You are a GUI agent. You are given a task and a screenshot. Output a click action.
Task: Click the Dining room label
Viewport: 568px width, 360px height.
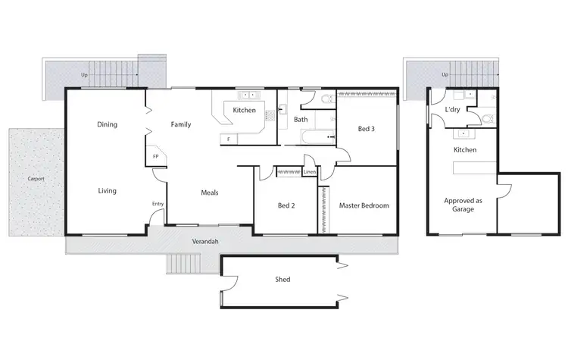(107, 124)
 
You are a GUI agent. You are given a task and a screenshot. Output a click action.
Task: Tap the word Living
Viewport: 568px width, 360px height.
(107, 191)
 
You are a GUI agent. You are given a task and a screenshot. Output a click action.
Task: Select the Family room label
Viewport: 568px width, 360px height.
(180, 124)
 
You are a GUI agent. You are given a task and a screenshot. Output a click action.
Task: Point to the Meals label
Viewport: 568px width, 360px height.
(209, 193)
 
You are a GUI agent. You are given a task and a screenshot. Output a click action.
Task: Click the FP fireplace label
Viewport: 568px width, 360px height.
(156, 156)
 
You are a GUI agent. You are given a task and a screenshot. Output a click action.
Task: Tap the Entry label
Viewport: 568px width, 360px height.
(158, 204)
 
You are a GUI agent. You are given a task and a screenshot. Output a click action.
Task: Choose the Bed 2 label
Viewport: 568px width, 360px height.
(286, 205)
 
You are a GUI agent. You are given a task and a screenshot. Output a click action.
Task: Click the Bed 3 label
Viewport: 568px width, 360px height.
(366, 129)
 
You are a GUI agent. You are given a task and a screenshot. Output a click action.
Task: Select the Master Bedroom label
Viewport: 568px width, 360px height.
(364, 205)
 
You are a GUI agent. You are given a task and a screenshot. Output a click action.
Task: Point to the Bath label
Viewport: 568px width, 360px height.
(301, 119)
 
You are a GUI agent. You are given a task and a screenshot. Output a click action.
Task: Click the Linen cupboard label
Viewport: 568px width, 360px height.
(309, 172)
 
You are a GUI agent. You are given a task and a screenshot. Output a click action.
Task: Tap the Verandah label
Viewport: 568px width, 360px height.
(205, 241)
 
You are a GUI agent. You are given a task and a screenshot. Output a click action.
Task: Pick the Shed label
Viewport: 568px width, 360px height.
(282, 280)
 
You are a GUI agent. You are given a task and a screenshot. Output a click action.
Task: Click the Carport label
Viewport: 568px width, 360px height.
(36, 179)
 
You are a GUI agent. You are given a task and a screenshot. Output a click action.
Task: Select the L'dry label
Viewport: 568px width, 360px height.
(452, 110)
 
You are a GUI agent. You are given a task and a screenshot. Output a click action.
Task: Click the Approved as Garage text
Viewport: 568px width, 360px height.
(463, 205)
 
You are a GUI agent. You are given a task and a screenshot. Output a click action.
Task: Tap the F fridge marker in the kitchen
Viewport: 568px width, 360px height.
(228, 139)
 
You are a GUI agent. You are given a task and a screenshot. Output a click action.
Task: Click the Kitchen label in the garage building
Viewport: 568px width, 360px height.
(464, 150)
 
